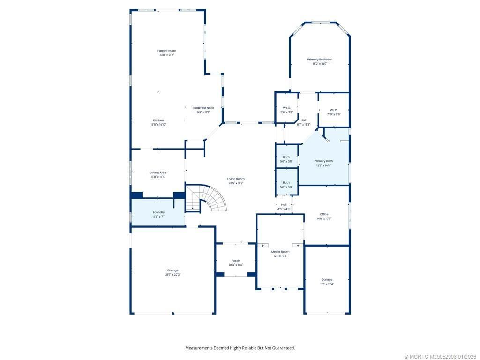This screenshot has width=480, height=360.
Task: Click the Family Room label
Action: click(166, 51)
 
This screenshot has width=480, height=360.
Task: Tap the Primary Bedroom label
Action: click(320, 60)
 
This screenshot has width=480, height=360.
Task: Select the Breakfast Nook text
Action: click(203, 108)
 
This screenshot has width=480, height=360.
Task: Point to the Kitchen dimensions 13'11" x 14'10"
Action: click(158, 125)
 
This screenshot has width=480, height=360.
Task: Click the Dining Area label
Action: click(158, 172)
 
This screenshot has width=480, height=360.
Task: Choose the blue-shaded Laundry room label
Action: click(158, 212)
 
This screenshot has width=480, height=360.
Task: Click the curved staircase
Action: click(213, 199)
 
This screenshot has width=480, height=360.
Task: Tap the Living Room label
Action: click(236, 179)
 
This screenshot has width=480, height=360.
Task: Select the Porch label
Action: click(236, 261)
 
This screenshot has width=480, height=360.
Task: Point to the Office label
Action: click(324, 214)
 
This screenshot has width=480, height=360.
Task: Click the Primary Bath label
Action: click(323, 161)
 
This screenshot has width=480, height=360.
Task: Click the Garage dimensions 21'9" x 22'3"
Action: click(173, 275)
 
